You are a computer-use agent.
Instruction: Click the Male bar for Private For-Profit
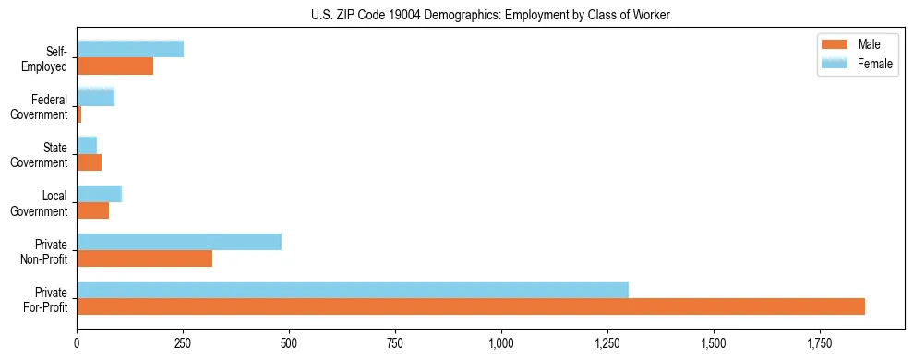click(x=471, y=306)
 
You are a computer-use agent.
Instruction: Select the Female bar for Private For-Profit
click(x=353, y=290)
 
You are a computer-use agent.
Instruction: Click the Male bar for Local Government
click(x=92, y=210)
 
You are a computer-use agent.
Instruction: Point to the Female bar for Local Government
click(x=99, y=194)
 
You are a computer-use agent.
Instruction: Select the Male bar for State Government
click(x=89, y=162)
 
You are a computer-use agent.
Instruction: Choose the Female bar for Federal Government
click(x=95, y=98)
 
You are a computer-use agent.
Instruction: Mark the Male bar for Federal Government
click(x=79, y=114)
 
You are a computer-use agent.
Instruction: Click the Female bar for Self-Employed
click(x=130, y=50)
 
